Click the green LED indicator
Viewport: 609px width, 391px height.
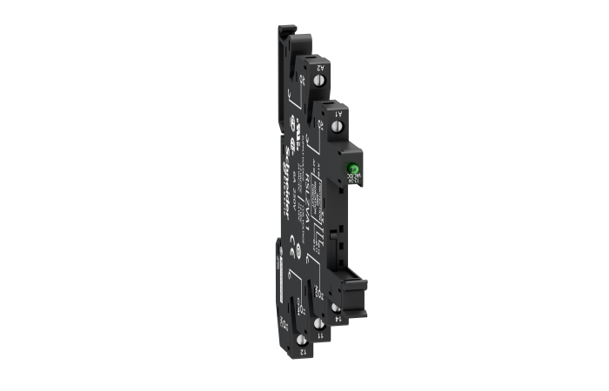tap(354, 169)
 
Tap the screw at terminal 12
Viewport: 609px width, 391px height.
tap(302, 338)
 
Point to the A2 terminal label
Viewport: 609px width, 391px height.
tap(321, 67)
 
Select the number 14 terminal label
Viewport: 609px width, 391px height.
tap(336, 318)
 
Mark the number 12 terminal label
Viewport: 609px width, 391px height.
tap(302, 353)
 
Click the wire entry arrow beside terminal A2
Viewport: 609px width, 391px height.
tap(302, 86)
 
